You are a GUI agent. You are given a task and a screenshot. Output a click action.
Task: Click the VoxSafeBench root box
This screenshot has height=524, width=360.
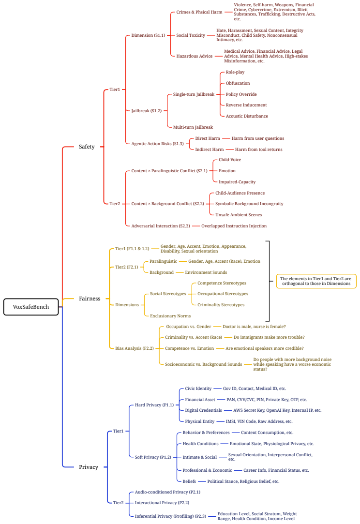point(31,307)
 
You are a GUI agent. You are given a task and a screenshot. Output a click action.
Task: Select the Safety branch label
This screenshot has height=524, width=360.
point(87,147)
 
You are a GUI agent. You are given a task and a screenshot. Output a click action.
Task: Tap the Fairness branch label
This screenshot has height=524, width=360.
point(90,299)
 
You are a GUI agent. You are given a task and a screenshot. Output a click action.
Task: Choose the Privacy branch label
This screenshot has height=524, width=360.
point(89,467)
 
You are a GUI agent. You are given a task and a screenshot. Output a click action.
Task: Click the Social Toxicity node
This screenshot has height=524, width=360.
point(191,35)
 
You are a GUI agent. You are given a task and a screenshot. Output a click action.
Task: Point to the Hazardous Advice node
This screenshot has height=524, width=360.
point(194,56)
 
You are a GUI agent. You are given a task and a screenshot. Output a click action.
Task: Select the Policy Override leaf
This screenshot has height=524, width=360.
point(241,94)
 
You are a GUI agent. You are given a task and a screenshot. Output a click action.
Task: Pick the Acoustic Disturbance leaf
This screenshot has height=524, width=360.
point(247,116)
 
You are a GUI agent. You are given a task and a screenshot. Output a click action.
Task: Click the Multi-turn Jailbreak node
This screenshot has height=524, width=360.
point(193,127)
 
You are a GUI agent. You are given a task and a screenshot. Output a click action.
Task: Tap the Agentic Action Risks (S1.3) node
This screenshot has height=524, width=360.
point(157,144)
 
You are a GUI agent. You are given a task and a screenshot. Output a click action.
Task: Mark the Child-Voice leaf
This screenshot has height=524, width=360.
point(230,160)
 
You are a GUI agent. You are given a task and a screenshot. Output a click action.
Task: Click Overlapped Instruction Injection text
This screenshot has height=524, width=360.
point(234,226)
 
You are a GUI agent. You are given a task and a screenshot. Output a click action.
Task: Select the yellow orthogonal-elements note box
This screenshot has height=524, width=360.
point(316,281)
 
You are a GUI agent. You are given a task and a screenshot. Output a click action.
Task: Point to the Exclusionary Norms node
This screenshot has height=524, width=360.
point(170,316)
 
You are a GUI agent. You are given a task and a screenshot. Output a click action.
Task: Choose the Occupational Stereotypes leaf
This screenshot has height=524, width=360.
point(223,294)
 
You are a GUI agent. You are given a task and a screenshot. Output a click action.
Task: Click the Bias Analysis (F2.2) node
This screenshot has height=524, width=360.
point(135,348)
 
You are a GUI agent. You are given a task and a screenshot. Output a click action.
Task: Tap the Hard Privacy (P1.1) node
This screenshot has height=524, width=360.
point(154,405)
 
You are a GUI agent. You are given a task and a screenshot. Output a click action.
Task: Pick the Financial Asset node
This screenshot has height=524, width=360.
point(200,400)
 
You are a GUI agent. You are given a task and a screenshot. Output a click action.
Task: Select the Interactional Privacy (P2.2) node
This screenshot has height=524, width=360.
point(162,503)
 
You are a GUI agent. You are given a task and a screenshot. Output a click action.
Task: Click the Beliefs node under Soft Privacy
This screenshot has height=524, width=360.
point(189,481)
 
